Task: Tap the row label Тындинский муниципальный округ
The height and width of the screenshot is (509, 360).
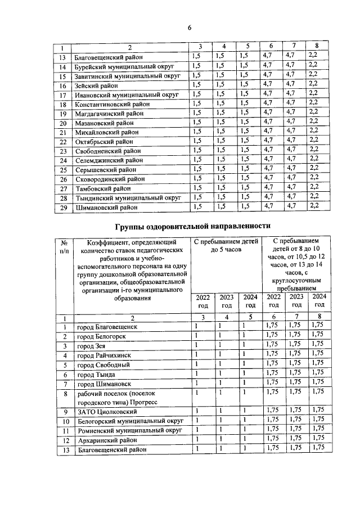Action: click(127, 198)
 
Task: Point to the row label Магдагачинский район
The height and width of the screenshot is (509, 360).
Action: click(109, 113)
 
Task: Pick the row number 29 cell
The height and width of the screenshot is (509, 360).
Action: click(63, 208)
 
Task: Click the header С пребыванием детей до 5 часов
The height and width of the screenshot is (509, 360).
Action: click(226, 246)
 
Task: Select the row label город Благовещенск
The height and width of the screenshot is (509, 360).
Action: click(107, 326)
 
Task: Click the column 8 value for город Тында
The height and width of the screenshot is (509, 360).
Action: click(318, 373)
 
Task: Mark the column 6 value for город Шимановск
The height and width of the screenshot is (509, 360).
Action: click(273, 383)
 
